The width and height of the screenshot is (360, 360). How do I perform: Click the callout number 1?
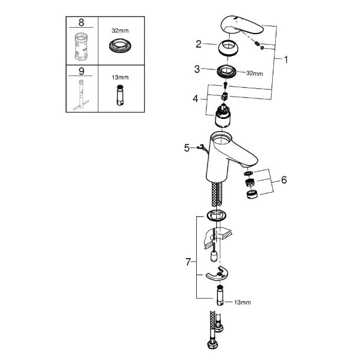[286, 60]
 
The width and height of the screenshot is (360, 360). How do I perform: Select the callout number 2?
[199, 44]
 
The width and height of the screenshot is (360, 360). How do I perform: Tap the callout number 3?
[197, 69]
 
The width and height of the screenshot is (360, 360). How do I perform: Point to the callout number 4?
[196, 99]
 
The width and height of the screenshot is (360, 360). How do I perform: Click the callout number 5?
[187, 148]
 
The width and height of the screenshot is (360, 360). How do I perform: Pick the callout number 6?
[284, 180]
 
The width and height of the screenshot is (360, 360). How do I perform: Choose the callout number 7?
[189, 262]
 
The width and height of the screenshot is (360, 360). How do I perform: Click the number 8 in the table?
[81, 22]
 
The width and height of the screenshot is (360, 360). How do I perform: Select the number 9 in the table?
[81, 71]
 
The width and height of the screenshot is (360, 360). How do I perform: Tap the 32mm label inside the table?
[120, 31]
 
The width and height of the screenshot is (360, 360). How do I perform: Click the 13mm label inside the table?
[120, 77]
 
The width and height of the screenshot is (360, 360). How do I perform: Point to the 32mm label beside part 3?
[255, 74]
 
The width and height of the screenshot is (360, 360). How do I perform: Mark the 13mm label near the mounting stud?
[242, 302]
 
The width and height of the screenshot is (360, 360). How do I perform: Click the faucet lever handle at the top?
[242, 25]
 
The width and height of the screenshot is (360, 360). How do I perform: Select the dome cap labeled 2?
[227, 48]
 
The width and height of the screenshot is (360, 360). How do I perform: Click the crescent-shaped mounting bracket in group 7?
[217, 273]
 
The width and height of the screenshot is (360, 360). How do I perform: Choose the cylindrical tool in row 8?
[81, 47]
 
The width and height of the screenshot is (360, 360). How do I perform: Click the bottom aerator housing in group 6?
[252, 194]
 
